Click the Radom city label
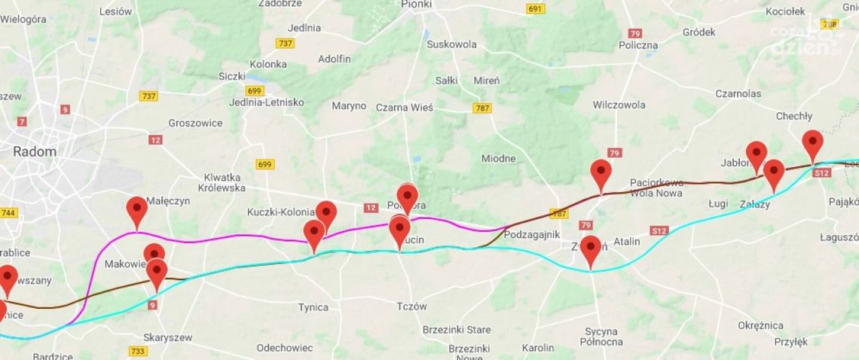35,151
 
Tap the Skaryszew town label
168,337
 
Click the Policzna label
637,45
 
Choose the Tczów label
411,307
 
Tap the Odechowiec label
284,348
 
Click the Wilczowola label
619,105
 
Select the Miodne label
498,158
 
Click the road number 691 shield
535,9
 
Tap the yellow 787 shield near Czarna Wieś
482,108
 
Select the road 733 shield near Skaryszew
138,351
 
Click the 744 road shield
8,213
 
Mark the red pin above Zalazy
773,175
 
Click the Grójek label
699,32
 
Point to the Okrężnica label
760,325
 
